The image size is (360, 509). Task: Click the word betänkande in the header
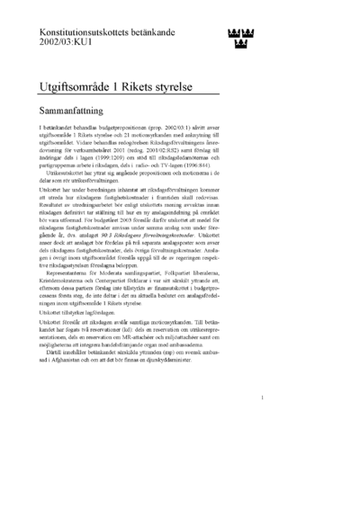click(145, 31)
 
